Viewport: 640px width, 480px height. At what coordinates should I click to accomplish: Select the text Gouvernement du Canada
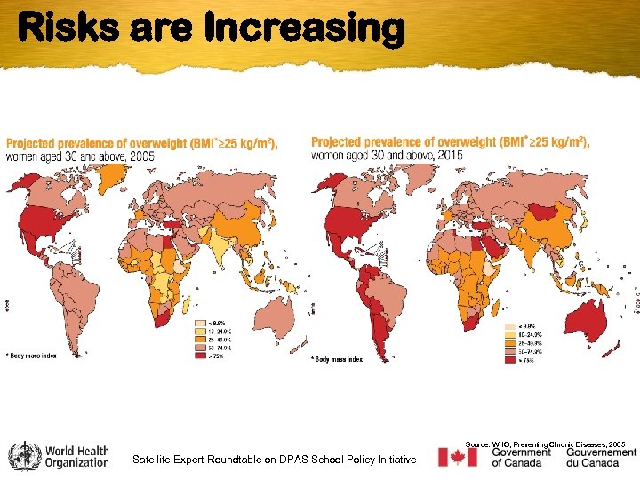pyautogui.click(x=601, y=458)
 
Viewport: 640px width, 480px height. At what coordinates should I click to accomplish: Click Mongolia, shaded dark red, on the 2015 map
pyautogui.click(x=538, y=212)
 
